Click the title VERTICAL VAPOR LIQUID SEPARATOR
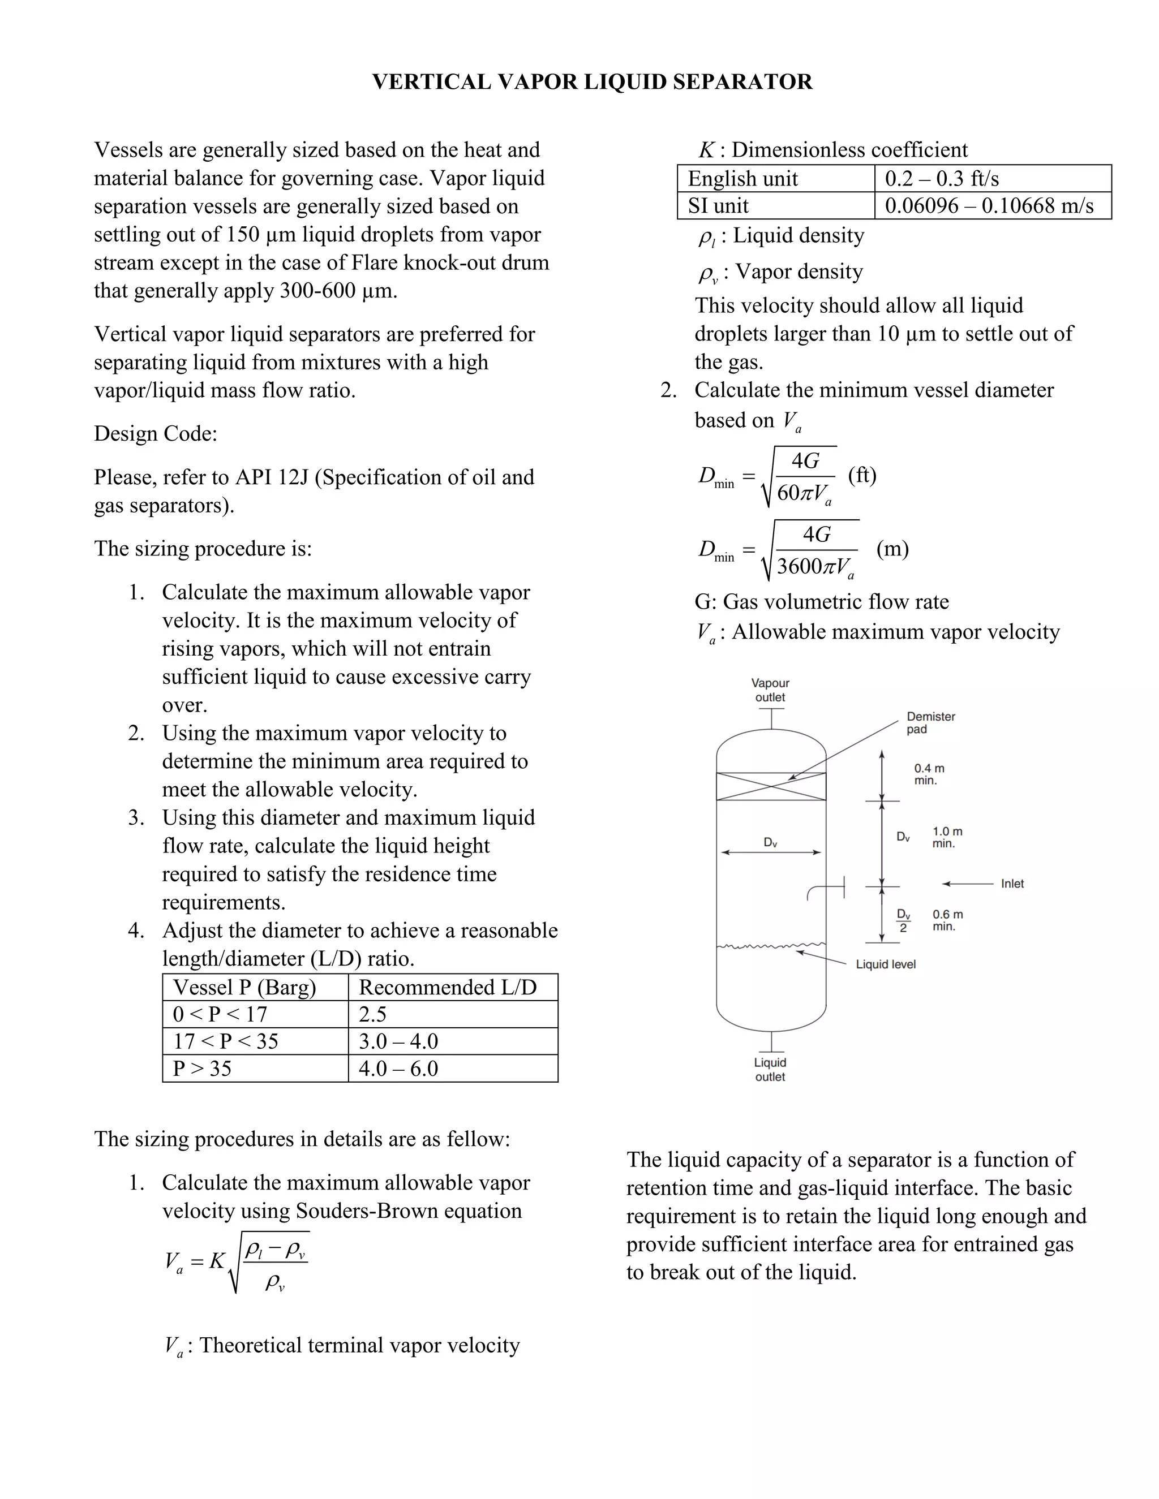coord(592,81)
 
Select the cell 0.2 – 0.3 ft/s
coord(941,178)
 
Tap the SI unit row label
coord(718,206)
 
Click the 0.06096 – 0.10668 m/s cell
coord(989,206)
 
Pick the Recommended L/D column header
coord(448,987)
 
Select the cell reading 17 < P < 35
coord(226,1041)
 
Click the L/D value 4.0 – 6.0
coord(398,1068)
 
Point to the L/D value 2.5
coord(373,1014)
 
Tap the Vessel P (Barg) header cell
coord(244,987)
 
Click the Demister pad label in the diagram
coord(930,723)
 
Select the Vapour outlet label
coord(770,690)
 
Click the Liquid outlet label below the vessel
coord(770,1069)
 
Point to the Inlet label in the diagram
coord(1012,884)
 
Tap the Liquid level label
coord(886,964)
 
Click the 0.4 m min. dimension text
coord(929,774)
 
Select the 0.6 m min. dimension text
coord(947,920)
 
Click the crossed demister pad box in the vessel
coord(771,787)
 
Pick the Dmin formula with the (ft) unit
coord(786,476)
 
